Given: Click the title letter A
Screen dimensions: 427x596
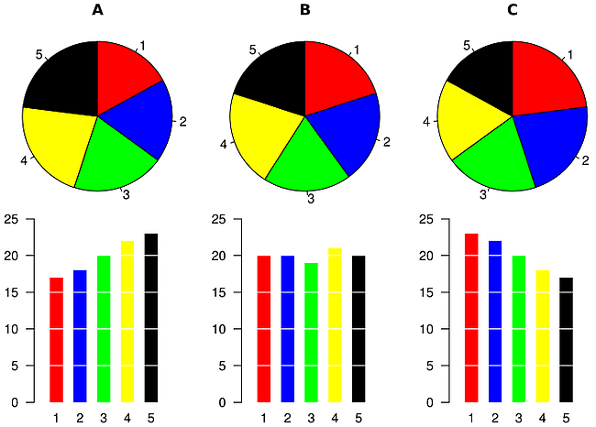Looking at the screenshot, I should tap(97, 11).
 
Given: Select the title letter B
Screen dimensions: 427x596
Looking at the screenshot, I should tap(305, 11).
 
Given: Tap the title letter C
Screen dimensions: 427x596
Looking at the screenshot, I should tap(513, 11).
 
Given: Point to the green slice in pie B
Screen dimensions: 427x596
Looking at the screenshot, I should tap(307, 160).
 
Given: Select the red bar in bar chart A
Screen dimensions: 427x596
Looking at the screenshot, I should tap(57, 340).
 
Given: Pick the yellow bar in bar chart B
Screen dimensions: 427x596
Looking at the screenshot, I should tap(335, 325).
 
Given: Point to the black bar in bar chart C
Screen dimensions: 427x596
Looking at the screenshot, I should tap(567, 340).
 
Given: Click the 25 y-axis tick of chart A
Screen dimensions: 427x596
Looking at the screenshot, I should tap(12, 219).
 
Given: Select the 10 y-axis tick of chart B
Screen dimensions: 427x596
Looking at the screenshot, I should tap(219, 329).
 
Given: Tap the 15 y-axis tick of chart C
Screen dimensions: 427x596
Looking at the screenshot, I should tap(426, 292).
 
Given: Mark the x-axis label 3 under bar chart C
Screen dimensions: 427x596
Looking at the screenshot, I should tap(519, 418).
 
